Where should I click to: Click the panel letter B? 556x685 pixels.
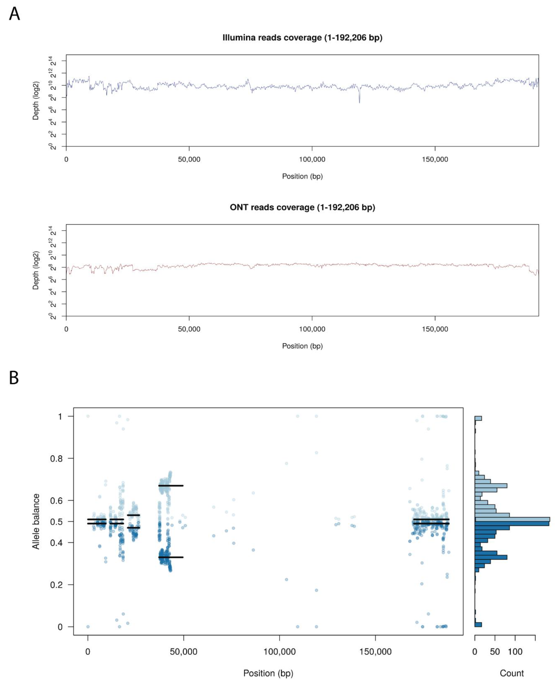(x=14, y=378)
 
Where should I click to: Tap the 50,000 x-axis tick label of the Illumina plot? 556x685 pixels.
(x=189, y=159)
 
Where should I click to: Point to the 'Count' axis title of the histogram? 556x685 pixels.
(x=512, y=673)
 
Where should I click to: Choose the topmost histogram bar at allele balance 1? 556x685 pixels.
(x=478, y=418)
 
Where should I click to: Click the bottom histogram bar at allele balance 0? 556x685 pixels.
(x=478, y=625)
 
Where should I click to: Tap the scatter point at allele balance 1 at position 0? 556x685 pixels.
(x=88, y=416)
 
